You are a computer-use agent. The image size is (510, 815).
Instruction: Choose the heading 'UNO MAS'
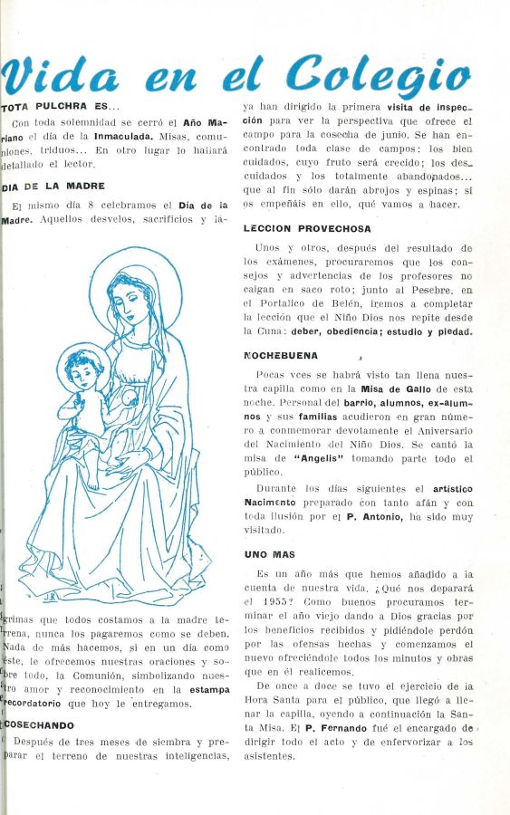pyautogui.click(x=270, y=553)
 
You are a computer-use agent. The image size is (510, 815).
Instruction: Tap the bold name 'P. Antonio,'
pyautogui.click(x=373, y=516)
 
